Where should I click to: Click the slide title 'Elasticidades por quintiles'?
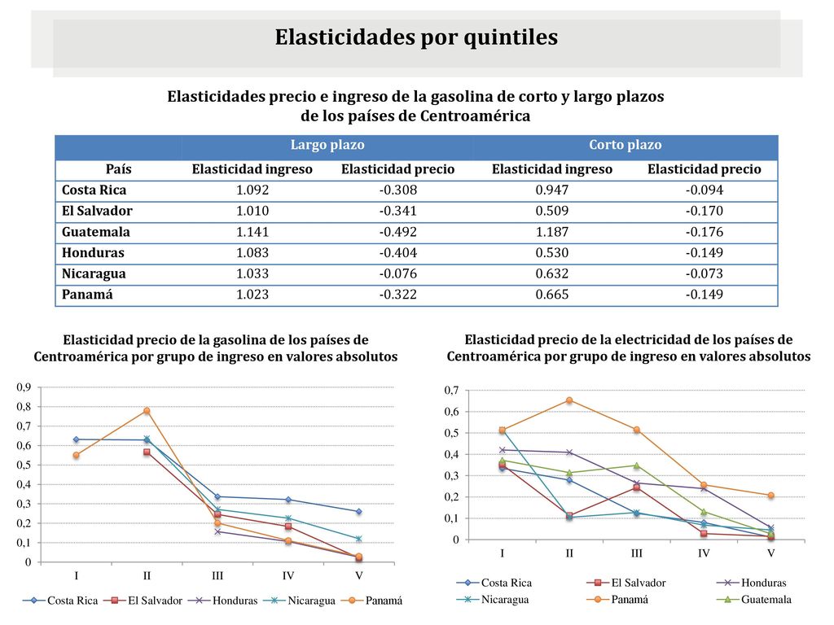coord(416,37)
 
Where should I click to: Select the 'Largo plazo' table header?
coord(327,145)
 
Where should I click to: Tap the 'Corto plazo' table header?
coord(625,145)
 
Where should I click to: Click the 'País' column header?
coord(118,169)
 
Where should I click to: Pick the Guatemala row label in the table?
coord(96,232)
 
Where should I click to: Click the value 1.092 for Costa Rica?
coord(252,190)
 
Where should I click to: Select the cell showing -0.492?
coord(397,232)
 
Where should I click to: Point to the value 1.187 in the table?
coord(551,232)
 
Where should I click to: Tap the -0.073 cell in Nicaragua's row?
coord(705,273)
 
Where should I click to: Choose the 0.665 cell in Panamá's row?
coord(551,295)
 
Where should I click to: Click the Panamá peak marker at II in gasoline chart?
coord(147,410)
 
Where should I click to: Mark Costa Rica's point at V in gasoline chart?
coord(359,511)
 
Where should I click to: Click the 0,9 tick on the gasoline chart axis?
coord(24,387)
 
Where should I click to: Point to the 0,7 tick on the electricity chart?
coord(451,391)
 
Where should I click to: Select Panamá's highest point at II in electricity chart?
coord(569,400)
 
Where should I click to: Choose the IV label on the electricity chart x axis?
coord(704,553)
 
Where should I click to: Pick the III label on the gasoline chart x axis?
coord(217,575)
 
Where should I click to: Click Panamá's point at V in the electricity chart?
coord(770,496)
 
